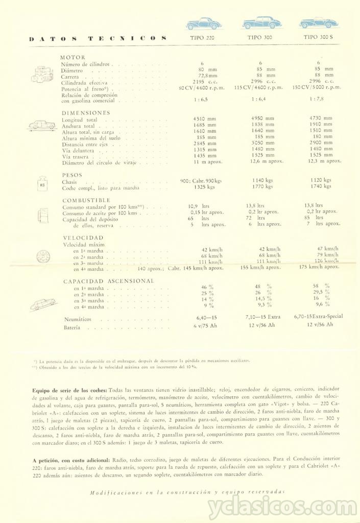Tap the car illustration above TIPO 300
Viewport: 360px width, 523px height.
tap(261, 23)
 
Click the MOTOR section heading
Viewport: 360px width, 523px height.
tap(73, 57)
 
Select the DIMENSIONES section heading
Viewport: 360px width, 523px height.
tap(85, 112)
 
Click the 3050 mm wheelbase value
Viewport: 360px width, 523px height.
tap(263, 144)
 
